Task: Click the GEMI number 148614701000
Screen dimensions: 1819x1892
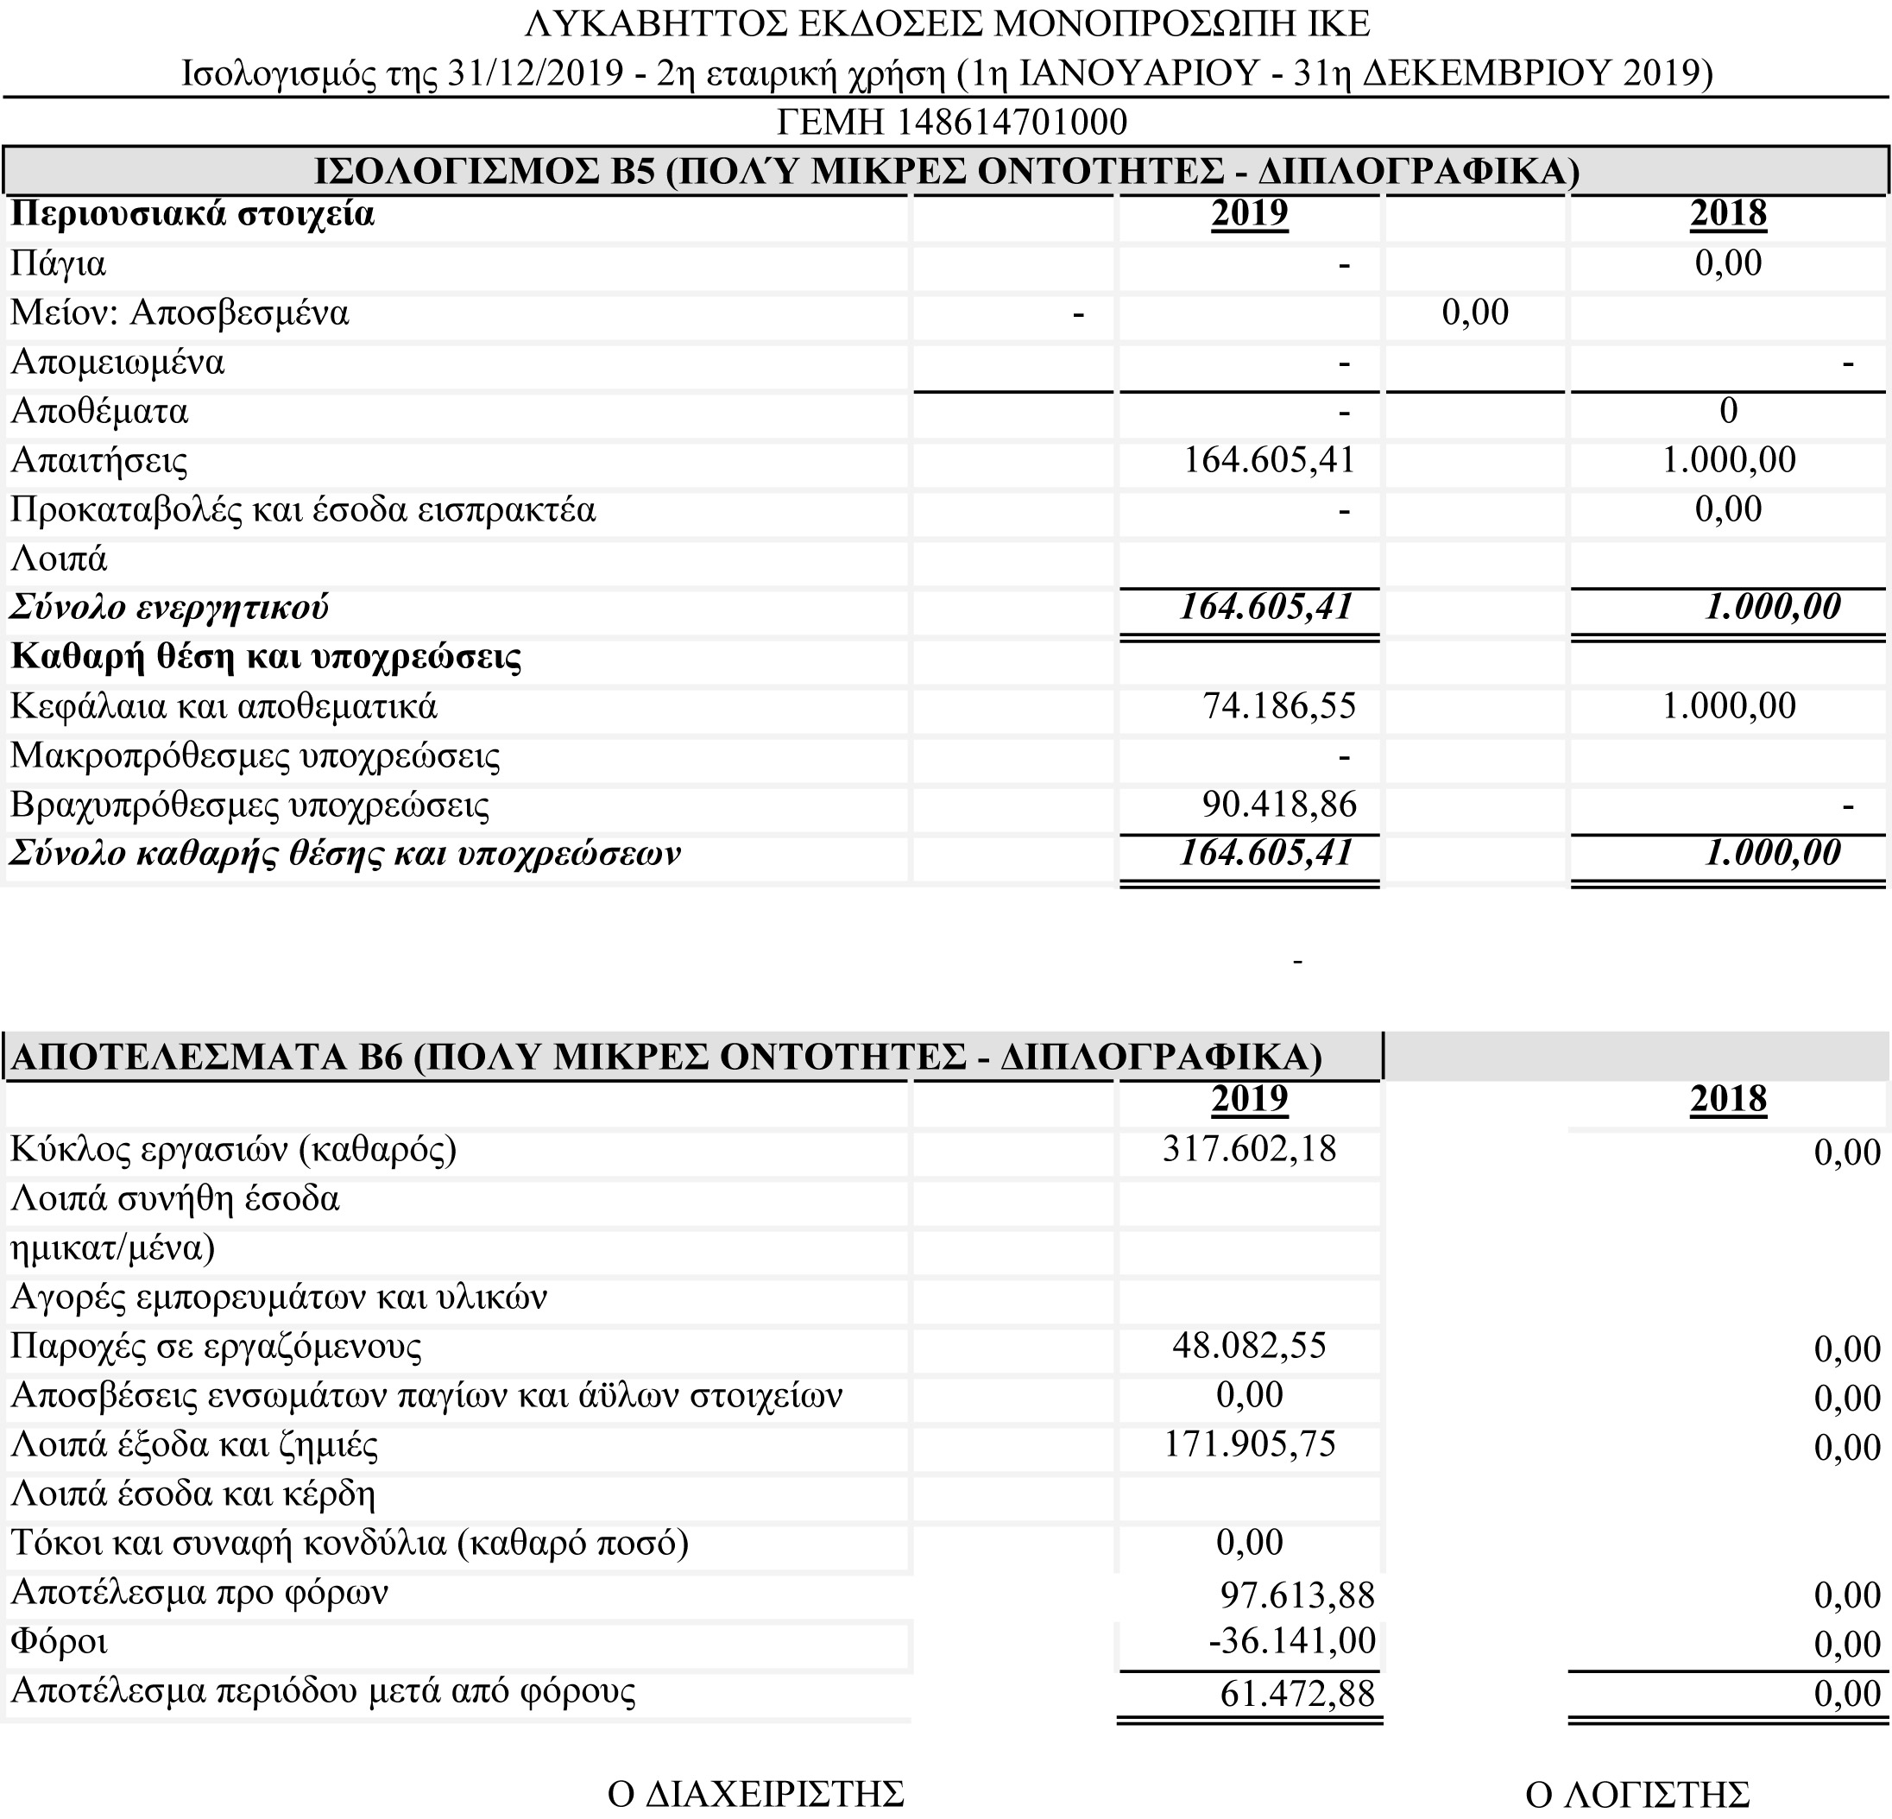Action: [1012, 123]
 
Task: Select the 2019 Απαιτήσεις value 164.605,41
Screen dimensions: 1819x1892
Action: [1269, 459]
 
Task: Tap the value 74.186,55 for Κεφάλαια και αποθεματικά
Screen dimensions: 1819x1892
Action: [1278, 706]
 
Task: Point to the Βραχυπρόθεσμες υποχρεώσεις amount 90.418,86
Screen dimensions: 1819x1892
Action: [1278, 805]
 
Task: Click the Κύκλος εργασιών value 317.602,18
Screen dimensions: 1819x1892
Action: [1249, 1148]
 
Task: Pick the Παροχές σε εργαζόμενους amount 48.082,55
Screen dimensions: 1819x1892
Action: [1249, 1345]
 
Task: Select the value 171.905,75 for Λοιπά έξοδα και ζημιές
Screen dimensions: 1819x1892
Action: [1249, 1443]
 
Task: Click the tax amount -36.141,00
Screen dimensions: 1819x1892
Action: [1291, 1640]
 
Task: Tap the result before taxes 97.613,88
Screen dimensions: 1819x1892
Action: [1296, 1594]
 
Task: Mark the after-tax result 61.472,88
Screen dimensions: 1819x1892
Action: [1296, 1692]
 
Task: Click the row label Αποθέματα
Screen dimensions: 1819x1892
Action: [99, 411]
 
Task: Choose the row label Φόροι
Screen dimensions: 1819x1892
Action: [58, 1641]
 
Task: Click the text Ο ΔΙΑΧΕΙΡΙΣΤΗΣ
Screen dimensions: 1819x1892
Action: [756, 1794]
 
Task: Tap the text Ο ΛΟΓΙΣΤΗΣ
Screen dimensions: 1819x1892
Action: [1637, 1794]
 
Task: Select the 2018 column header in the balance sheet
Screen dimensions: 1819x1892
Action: [1728, 213]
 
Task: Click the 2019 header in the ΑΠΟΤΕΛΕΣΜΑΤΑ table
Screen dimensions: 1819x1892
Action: [1249, 1099]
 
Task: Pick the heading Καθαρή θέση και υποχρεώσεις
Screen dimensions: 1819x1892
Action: [266, 656]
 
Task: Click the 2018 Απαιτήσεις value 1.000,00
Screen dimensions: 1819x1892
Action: [1728, 459]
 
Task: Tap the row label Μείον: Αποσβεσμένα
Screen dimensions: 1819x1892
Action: [180, 313]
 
